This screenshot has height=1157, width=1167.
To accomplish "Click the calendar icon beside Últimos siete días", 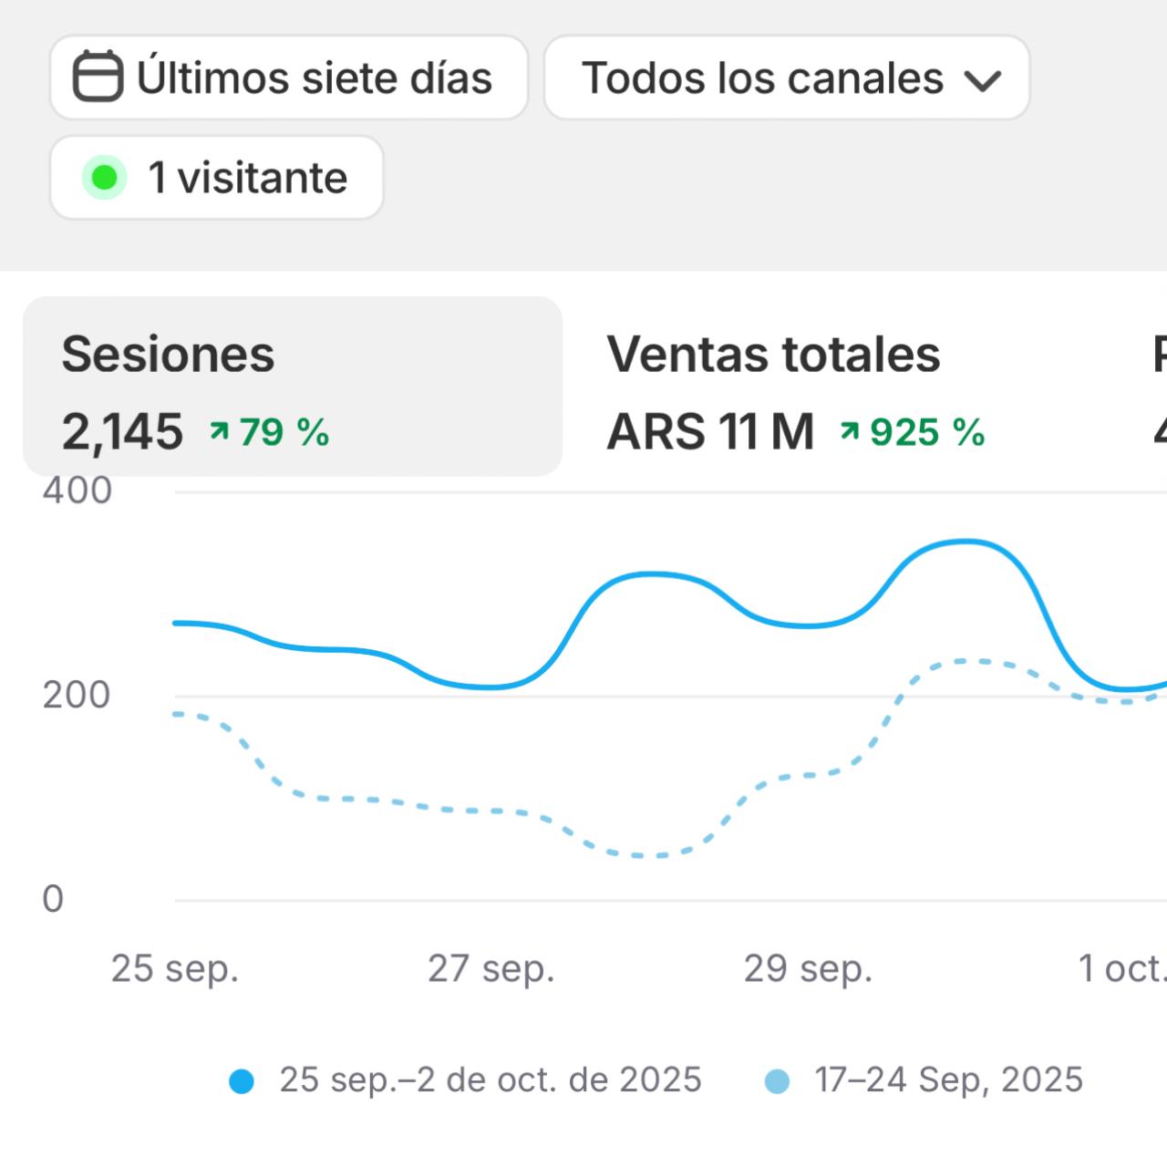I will click(x=98, y=77).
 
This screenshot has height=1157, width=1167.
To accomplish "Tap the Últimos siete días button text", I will click(x=315, y=77).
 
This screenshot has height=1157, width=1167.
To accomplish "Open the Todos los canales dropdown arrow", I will click(x=983, y=80).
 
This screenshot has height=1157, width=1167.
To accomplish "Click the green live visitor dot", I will click(x=104, y=178).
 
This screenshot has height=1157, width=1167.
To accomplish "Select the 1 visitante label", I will click(x=248, y=178).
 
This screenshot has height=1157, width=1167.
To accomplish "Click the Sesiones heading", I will click(x=168, y=354).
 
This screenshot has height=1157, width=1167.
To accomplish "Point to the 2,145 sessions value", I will click(x=122, y=431).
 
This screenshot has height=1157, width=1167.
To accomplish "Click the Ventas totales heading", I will click(x=773, y=354).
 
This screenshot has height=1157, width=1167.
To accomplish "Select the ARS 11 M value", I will click(x=710, y=431).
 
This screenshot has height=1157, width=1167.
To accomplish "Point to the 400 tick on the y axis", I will click(x=77, y=491).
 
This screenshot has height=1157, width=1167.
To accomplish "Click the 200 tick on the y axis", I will click(x=77, y=695).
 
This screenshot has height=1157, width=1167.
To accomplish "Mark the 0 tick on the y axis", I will click(x=53, y=899).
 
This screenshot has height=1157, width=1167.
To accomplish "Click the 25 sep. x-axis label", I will click(x=174, y=968).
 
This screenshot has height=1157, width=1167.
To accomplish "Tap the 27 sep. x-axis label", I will click(x=491, y=968).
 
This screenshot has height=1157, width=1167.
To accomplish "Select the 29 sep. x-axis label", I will click(x=807, y=968).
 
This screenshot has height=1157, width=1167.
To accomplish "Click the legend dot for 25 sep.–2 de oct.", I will click(x=242, y=1081).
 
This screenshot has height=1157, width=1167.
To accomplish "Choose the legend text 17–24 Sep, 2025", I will click(x=948, y=1080).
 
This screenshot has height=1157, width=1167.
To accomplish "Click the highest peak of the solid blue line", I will click(x=966, y=542).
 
